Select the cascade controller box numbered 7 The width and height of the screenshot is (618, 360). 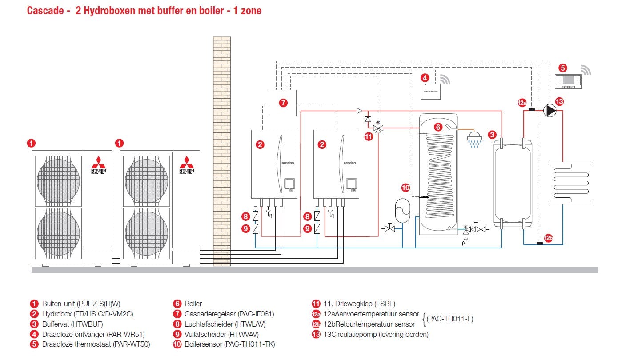coord(283,103)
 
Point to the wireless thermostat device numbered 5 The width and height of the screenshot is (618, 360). coord(568,81)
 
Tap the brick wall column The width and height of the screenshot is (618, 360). coord(221,151)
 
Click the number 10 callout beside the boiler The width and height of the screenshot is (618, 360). coord(405,188)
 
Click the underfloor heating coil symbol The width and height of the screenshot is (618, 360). coord(571,182)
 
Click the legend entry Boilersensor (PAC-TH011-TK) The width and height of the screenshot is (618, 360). coord(230,344)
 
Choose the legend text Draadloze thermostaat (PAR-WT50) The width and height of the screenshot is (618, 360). coord(96,344)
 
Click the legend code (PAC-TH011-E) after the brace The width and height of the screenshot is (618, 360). coord(450,319)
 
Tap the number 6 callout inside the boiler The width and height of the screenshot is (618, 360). coord(438,127)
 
